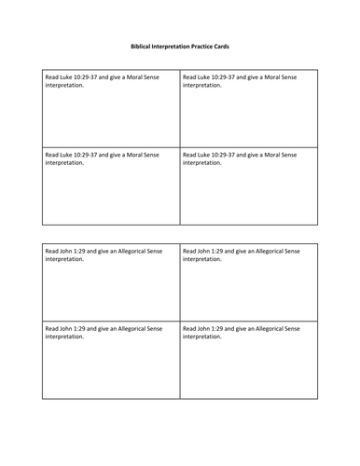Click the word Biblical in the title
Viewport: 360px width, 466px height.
coord(134,44)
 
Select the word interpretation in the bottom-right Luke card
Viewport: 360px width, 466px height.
coord(202,162)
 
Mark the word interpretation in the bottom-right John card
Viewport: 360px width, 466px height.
coord(202,336)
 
